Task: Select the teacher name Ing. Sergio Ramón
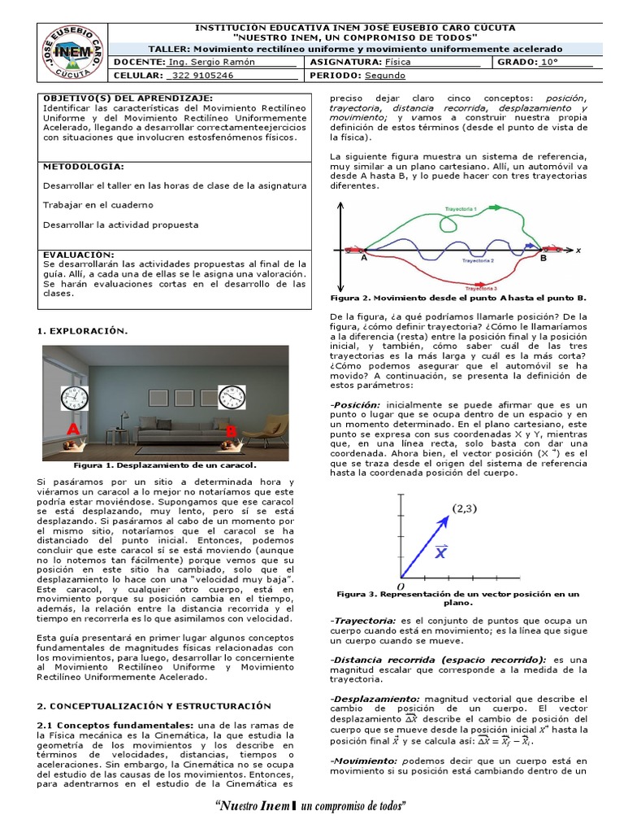(210, 62)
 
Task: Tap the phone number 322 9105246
(200, 76)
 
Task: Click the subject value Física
(398, 62)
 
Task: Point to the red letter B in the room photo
(231, 431)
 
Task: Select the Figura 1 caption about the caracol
(164, 465)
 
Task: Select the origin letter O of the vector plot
(400, 586)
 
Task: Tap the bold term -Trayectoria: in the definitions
(362, 621)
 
